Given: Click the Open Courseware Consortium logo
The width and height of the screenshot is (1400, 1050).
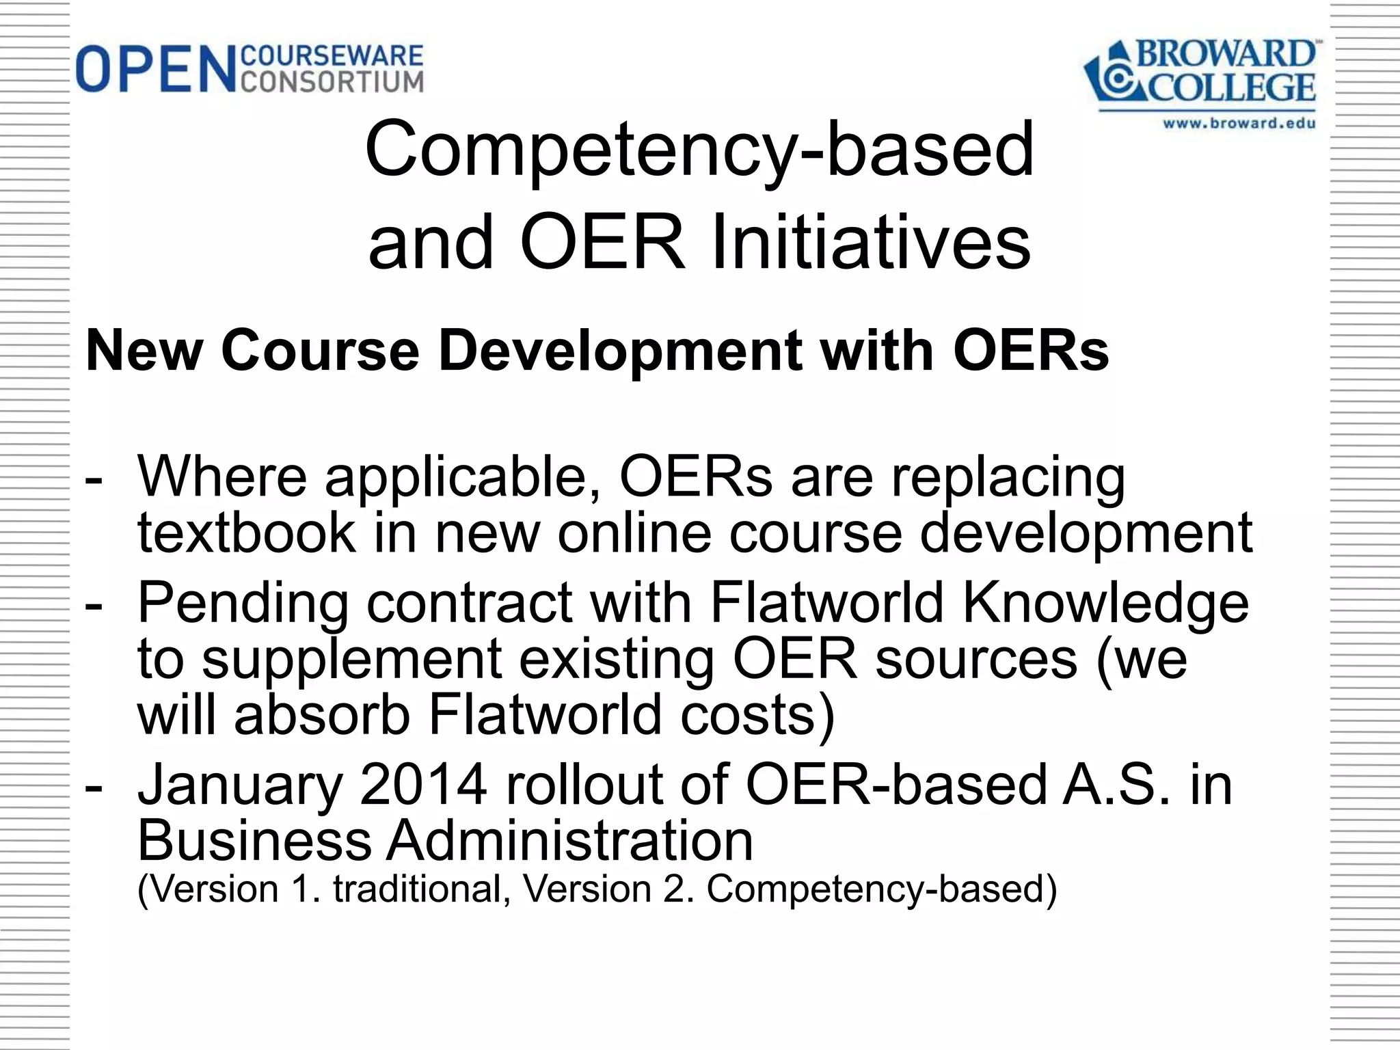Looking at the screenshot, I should click(x=250, y=68).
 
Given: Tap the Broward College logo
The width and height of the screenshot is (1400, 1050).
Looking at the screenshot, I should click(x=1200, y=75).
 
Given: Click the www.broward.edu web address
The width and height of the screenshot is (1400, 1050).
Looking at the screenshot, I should click(x=1239, y=124).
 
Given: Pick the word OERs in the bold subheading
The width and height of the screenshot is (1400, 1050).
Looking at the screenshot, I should click(x=1030, y=351).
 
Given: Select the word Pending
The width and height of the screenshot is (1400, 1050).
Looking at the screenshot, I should click(x=243, y=603).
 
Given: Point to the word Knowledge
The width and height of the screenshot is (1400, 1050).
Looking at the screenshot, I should click(x=1105, y=603).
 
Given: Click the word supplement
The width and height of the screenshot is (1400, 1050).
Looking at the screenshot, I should click(x=352, y=659).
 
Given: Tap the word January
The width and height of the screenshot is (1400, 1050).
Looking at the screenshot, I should click(x=240, y=785).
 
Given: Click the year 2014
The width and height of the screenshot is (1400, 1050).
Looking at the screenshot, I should click(x=422, y=784).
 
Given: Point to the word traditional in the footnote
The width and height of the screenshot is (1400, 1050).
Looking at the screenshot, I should click(x=418, y=889).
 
